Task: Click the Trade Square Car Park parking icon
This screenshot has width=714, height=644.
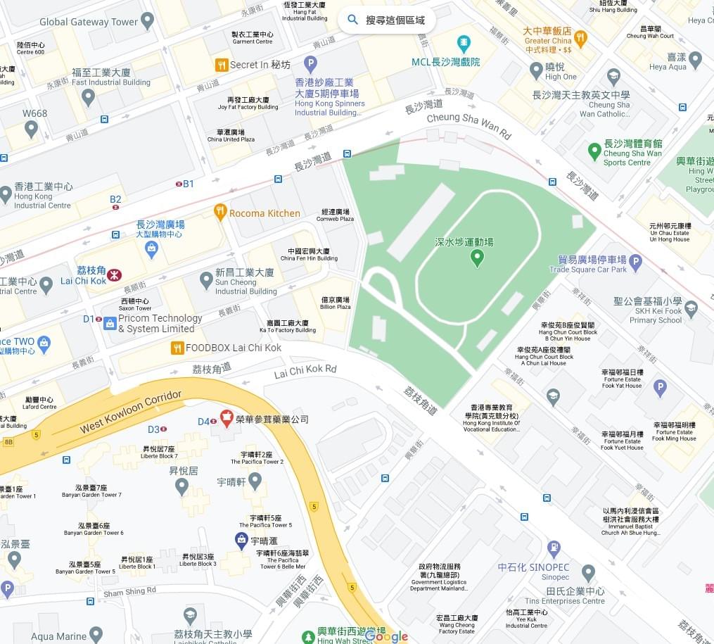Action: click(636, 263)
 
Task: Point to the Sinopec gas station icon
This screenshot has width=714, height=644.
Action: click(554, 548)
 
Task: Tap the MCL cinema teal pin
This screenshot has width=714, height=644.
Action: click(463, 44)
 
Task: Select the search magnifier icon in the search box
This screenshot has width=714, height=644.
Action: click(353, 20)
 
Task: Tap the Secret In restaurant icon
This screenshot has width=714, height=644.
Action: click(222, 65)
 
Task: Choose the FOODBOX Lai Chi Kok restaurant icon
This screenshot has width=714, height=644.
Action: click(177, 347)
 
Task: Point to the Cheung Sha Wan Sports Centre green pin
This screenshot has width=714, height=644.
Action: click(594, 151)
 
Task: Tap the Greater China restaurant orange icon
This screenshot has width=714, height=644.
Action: click(580, 37)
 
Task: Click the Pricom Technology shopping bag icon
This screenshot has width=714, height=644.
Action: click(110, 323)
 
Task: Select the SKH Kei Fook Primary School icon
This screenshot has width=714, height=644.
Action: click(691, 308)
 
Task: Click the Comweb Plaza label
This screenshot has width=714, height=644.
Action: click(336, 215)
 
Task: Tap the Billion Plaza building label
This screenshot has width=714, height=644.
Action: click(335, 303)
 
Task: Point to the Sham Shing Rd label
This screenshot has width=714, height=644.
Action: click(129, 592)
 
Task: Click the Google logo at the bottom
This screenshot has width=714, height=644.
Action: click(386, 636)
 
